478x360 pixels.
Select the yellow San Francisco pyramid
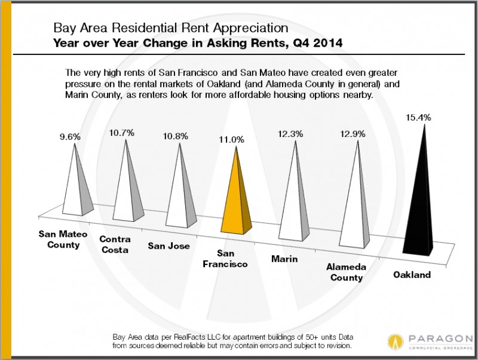[236, 197]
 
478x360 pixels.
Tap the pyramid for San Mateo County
[75, 185]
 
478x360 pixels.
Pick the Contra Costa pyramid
[126, 188]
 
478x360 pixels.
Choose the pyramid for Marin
[294, 200]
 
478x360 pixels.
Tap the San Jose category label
[169, 245]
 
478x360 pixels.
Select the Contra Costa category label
[115, 245]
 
